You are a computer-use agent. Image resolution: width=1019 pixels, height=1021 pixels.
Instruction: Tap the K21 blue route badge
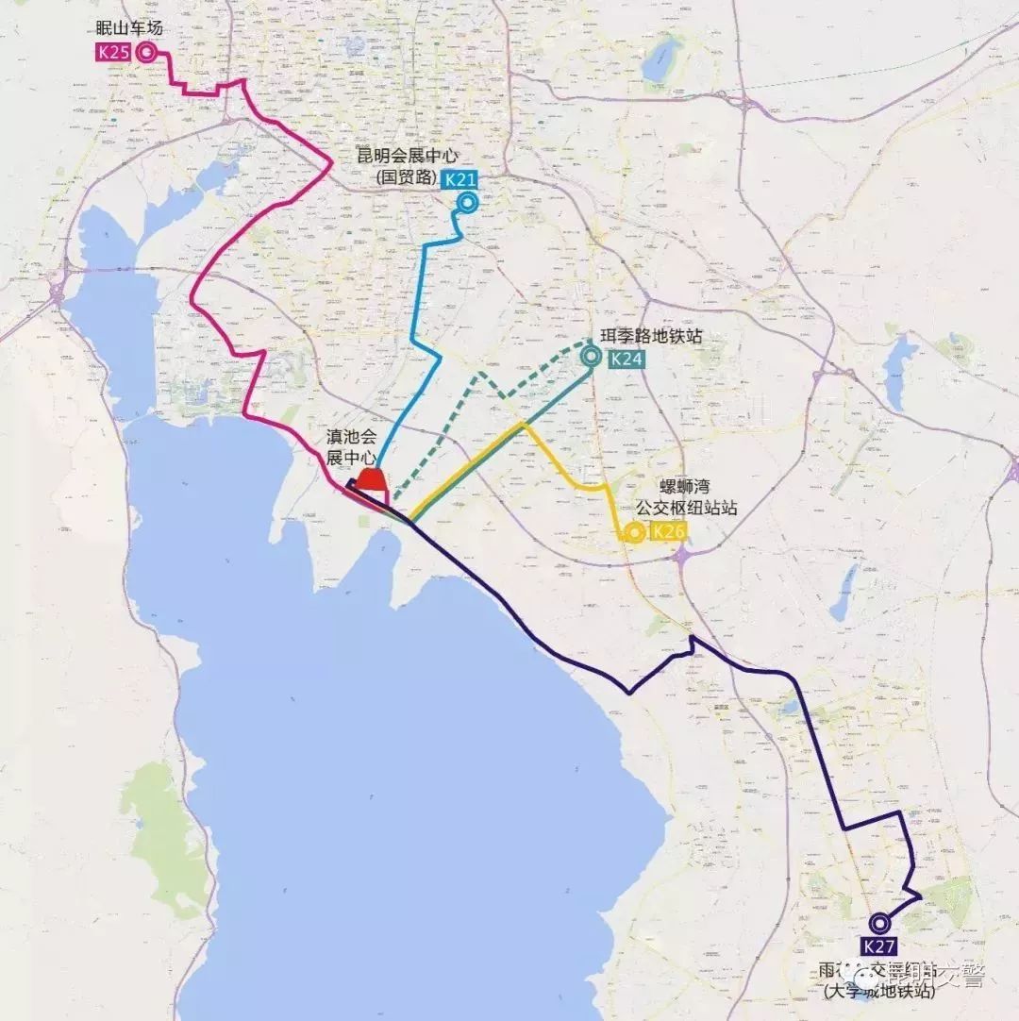coord(460,179)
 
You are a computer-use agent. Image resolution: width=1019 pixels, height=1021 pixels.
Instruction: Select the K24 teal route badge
coord(626,358)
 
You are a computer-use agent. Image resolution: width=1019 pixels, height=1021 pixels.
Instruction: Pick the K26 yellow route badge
coord(668,532)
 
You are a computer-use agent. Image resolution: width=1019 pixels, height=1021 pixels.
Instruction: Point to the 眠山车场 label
coord(130,29)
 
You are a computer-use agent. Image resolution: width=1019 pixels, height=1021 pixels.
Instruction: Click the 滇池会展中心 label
coord(351,446)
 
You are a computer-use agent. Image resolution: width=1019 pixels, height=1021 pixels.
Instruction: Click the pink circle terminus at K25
coord(146,52)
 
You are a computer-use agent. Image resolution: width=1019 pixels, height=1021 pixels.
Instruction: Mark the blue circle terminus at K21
coord(466,203)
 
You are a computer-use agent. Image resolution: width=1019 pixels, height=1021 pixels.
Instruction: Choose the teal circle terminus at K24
coord(592,356)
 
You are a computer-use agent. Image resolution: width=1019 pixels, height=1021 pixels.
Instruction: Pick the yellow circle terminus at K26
coord(635,534)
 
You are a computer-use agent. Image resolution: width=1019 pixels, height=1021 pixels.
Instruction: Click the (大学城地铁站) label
coord(878,992)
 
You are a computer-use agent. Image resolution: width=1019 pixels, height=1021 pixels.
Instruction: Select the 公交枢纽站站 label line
coord(686,508)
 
